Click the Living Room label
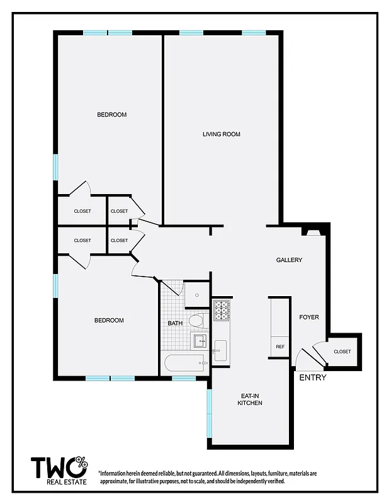pyautogui.click(x=221, y=134)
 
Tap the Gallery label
pyautogui.click(x=289, y=260)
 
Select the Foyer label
pyautogui.click(x=308, y=317)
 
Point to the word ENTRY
pyautogui.click(x=313, y=378)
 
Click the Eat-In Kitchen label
pyautogui.click(x=250, y=399)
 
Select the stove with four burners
pyautogui.click(x=222, y=309)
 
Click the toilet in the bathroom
pyautogui.click(x=197, y=320)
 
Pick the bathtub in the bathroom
pyautogui.click(x=184, y=363)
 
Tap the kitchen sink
pyautogui.click(x=220, y=350)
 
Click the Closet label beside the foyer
pyautogui.click(x=342, y=352)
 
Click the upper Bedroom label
pyautogui.click(x=111, y=115)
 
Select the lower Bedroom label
pyautogui.click(x=109, y=321)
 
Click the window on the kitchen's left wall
pyautogui.click(x=210, y=413)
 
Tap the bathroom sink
pyautogui.click(x=200, y=341)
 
